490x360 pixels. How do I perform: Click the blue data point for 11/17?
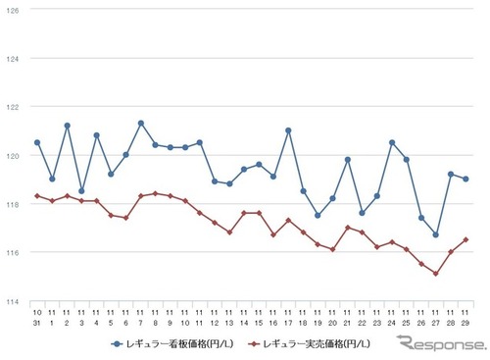[x=288, y=130]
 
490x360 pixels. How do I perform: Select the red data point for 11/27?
[x=436, y=274]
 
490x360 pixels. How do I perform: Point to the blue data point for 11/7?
[x=141, y=123]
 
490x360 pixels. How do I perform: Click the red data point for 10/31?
[x=37, y=196]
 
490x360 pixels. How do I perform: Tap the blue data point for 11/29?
[x=465, y=179]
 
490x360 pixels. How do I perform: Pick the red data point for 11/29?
[x=465, y=239]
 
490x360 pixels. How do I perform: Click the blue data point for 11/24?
[x=392, y=142]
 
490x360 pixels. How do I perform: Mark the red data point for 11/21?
[x=348, y=228]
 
